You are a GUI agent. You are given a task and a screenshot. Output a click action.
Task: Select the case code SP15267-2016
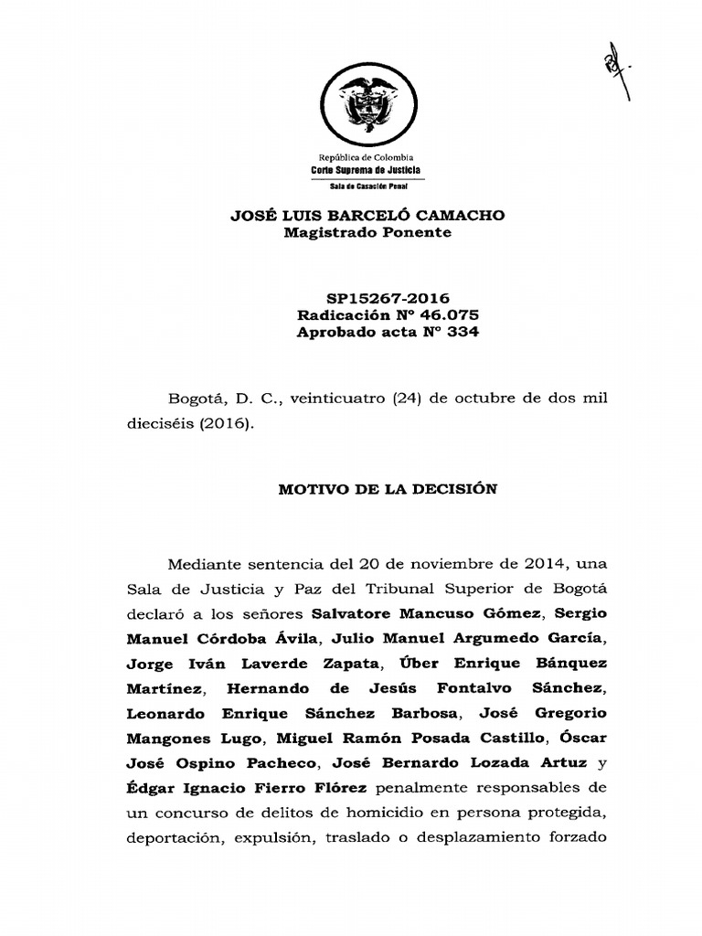[388, 298]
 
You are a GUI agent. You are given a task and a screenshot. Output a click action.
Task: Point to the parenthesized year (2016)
[226, 426]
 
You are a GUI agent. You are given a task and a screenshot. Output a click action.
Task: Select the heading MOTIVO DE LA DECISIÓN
[388, 489]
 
